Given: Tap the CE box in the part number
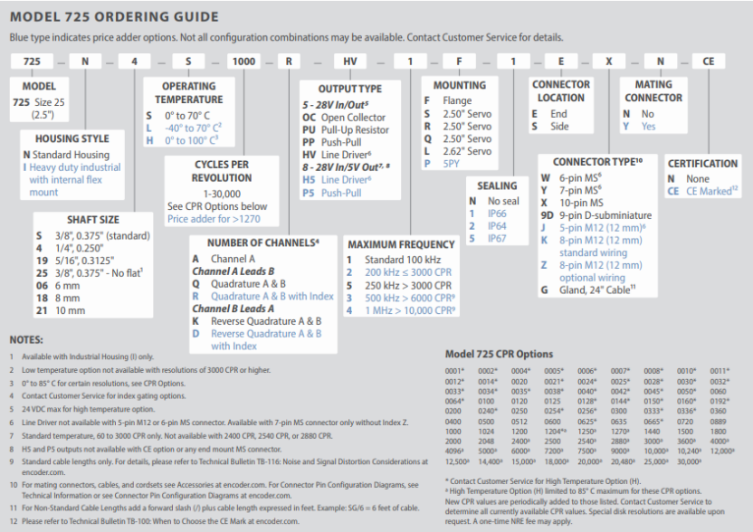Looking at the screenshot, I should pyautogui.click(x=708, y=62).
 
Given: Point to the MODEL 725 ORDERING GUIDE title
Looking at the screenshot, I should pyautogui.click(x=114, y=16).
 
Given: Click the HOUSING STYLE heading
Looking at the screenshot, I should pyautogui.click(x=71, y=139).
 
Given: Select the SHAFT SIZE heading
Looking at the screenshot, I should pyautogui.click(x=92, y=220).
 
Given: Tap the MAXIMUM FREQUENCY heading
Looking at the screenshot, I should pyautogui.click(x=401, y=244).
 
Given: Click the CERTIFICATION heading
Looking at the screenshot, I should pyautogui.click(x=702, y=164).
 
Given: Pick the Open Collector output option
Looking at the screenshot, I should pyautogui.click(x=342, y=118).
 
